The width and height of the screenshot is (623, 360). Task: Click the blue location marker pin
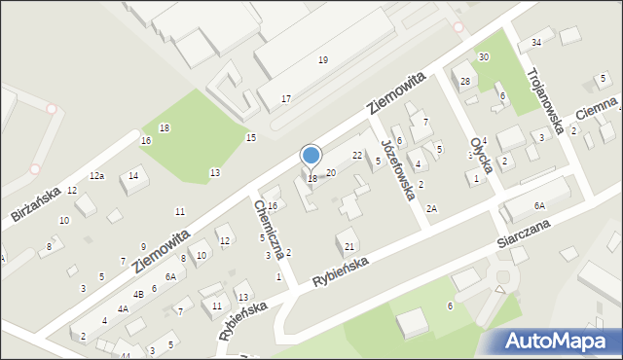click(x=311, y=156)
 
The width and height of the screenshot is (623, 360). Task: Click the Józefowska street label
click(x=399, y=167)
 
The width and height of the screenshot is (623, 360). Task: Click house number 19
click(x=323, y=60)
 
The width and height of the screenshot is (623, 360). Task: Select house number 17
click(x=286, y=99)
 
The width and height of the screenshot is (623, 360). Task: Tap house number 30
click(x=483, y=57)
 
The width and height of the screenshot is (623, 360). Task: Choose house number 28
click(x=465, y=81)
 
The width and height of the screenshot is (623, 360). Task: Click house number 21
click(x=348, y=246)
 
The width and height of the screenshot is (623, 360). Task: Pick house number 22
click(x=357, y=156)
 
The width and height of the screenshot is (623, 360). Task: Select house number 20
click(x=331, y=172)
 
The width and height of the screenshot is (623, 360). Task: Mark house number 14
click(x=133, y=175)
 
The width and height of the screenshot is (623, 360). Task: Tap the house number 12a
click(x=96, y=176)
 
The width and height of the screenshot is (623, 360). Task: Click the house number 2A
click(x=431, y=208)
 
